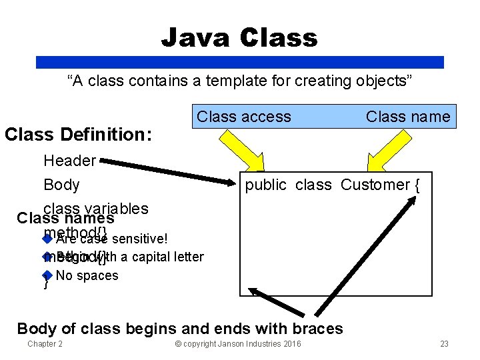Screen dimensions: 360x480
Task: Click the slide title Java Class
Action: pyautogui.click(x=239, y=37)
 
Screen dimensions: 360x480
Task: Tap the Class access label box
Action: pyautogui.click(x=244, y=117)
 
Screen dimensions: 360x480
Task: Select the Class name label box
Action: pyautogui.click(x=408, y=117)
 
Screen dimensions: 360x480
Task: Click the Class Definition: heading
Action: pyautogui.click(x=78, y=135)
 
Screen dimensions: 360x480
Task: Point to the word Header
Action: pyautogui.click(x=69, y=160)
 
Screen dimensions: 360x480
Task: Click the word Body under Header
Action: pyautogui.click(x=61, y=185)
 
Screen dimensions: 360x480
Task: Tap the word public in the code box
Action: pyautogui.click(x=265, y=185)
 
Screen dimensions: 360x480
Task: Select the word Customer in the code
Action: pyautogui.click(x=374, y=185)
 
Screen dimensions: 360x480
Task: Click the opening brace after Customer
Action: pyautogui.click(x=417, y=185)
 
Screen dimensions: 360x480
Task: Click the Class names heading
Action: pyautogui.click(x=65, y=218)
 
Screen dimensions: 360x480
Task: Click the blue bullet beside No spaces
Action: pyautogui.click(x=47, y=275)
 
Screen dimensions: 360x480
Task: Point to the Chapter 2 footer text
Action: pyautogui.click(x=45, y=344)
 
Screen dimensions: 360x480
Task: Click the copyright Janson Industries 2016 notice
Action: pyautogui.click(x=237, y=344)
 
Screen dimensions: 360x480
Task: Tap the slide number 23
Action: pyautogui.click(x=445, y=344)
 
